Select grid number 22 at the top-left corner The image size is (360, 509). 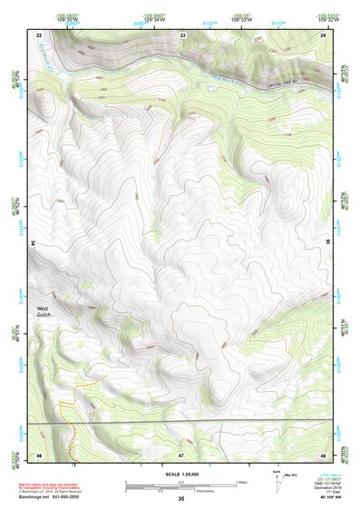(39, 34)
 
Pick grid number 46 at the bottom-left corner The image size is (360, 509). (39, 453)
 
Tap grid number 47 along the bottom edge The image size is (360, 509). (181, 453)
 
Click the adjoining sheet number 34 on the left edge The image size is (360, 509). (34, 243)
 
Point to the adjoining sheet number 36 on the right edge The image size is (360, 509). (327, 243)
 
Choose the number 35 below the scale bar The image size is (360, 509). (181, 498)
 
